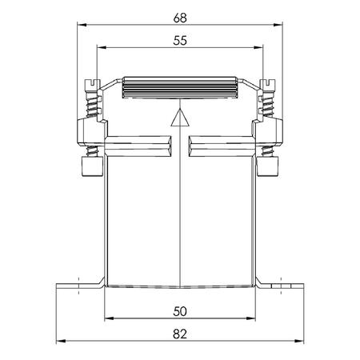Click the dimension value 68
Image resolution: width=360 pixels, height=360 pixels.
180,18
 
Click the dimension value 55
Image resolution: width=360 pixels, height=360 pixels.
180,41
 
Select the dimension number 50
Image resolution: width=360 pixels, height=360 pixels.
180,311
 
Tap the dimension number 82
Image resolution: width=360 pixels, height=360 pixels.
180,334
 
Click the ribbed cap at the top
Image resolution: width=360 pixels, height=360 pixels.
180,88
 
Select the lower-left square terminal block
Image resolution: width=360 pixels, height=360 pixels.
92,166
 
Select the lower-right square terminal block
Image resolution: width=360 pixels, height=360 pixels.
267,166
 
